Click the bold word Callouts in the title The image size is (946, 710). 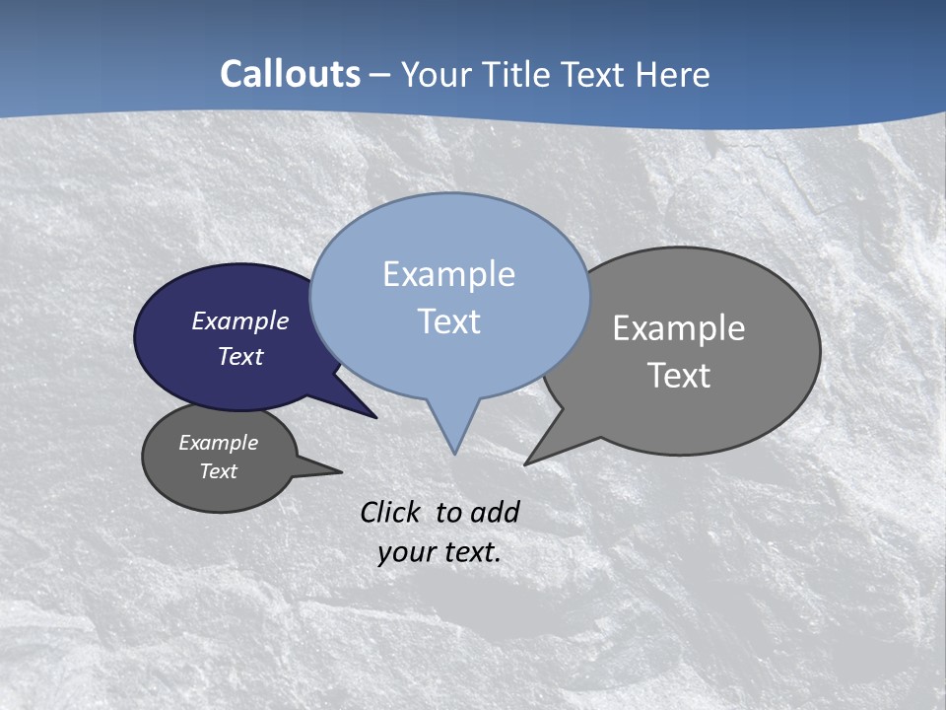290,74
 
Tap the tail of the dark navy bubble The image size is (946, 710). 360,408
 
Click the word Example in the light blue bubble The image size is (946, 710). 448,274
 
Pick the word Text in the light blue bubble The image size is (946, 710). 448,321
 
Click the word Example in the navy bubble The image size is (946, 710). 240,320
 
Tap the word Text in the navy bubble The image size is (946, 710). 240,356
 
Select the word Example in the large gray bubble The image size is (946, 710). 679,327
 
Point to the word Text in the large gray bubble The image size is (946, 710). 679,376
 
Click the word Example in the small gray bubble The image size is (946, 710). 219,443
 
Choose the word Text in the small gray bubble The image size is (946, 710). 219,471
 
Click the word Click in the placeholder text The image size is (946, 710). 391,512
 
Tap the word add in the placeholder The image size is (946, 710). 495,512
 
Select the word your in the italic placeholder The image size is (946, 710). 405,552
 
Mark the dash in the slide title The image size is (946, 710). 381,75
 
